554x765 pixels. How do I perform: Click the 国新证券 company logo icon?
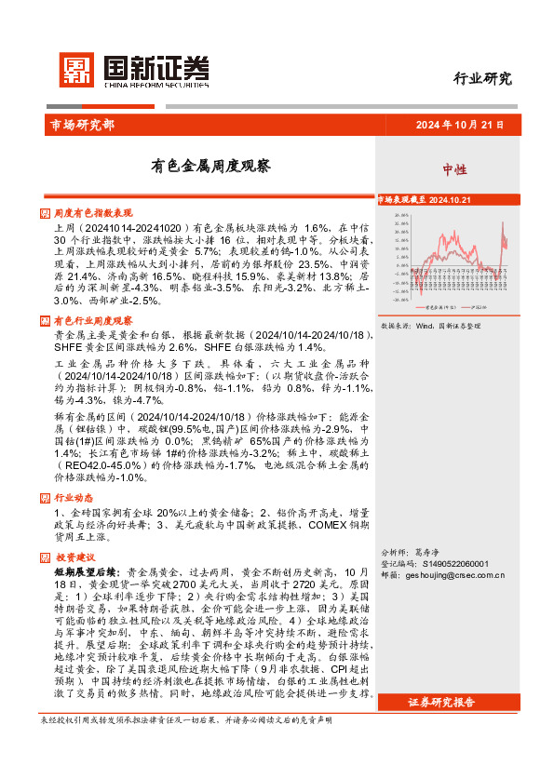[x=78, y=69]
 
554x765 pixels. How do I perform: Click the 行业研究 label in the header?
[x=481, y=79]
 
